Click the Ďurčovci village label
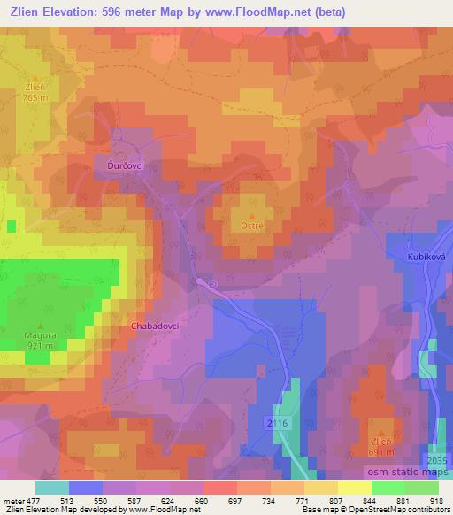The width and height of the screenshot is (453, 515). coord(120,165)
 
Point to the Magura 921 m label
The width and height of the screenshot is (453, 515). coord(41,341)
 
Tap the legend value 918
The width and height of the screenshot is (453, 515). coord(437,500)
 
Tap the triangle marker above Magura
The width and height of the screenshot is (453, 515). coord(41,327)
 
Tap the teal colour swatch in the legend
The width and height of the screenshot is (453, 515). coord(52,488)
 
